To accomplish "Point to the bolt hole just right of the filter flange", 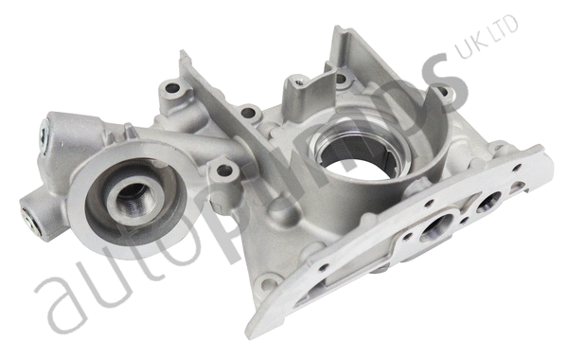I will [x=224, y=172].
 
